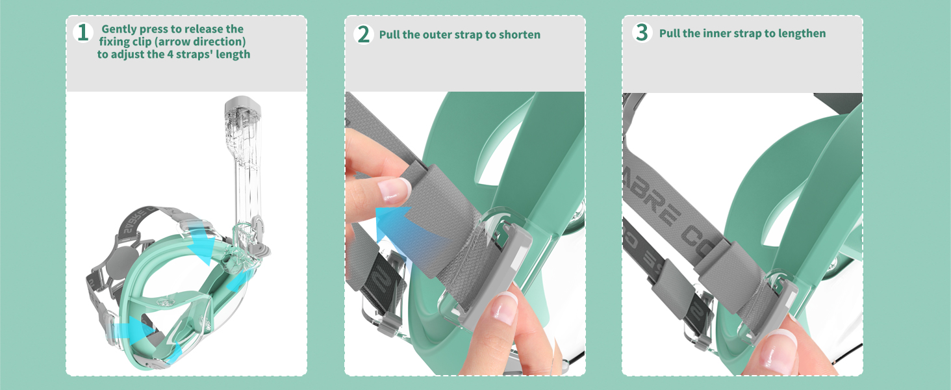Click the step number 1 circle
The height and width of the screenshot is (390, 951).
pos(82,32)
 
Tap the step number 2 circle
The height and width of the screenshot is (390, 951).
pos(363,34)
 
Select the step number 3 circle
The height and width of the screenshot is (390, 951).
pos(642,32)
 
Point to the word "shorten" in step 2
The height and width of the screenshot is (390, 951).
pos(520,34)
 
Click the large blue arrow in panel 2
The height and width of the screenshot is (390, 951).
pos(410,233)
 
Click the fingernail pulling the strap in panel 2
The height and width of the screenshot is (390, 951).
pos(395,189)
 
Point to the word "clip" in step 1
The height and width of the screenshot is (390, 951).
pos(142,42)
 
